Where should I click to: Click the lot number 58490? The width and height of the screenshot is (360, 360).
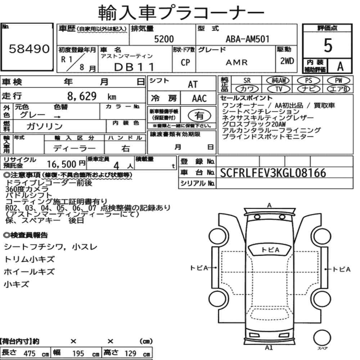click(x=29, y=49)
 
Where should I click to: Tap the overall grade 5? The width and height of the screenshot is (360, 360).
click(x=328, y=45)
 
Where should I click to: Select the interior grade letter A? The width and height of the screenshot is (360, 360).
click(x=340, y=67)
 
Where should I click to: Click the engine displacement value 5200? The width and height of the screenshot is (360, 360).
click(x=164, y=39)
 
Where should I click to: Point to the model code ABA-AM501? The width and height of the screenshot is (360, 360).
click(x=248, y=39)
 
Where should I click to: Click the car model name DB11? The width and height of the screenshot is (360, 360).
click(x=134, y=67)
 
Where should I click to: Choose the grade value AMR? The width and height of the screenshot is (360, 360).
click(x=237, y=62)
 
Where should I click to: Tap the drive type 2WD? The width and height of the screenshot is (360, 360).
click(x=287, y=61)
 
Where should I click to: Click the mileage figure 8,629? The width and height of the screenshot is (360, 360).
click(x=82, y=96)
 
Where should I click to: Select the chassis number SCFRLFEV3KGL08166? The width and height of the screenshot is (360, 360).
click(x=273, y=173)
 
